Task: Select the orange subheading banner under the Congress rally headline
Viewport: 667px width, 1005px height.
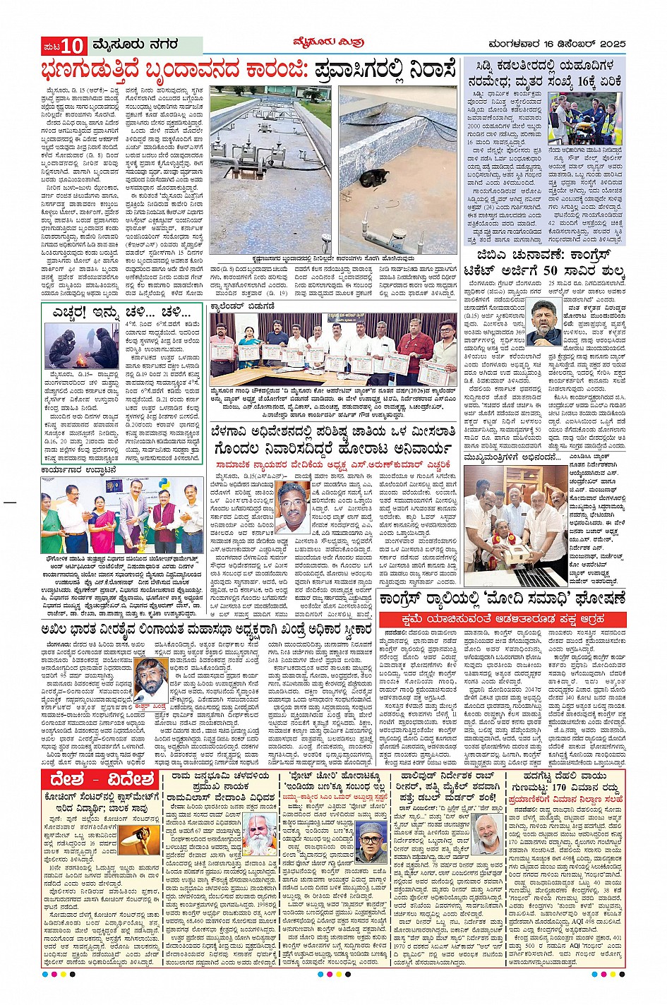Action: click(x=504, y=620)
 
